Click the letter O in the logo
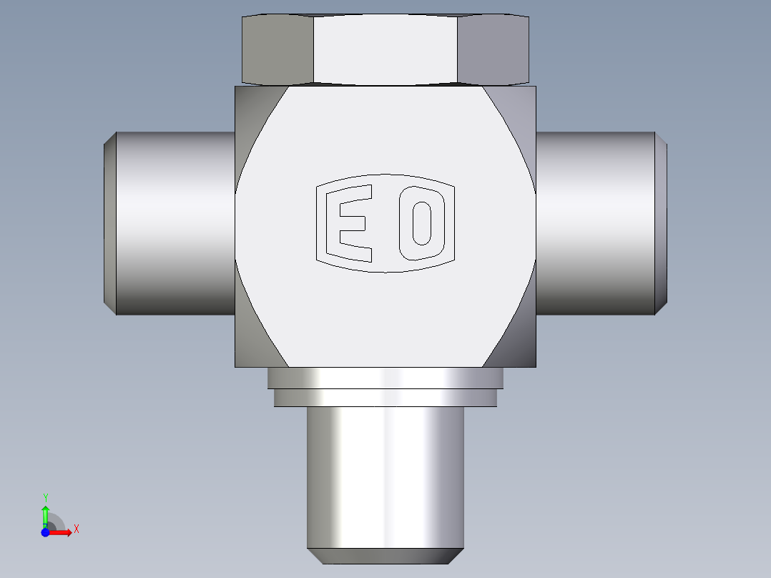click(422, 223)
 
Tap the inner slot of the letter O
click(422, 223)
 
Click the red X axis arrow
click(59, 532)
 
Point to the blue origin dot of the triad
click(45, 532)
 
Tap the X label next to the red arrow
click(77, 529)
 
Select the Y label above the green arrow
click(45, 498)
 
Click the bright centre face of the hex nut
click(385, 49)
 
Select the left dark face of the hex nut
click(278, 49)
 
